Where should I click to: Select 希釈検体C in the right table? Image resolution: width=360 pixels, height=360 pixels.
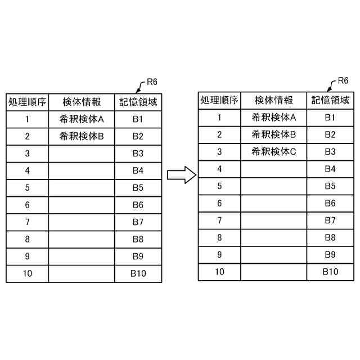(x=273, y=151)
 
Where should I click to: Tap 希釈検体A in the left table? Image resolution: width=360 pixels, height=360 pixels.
(x=82, y=119)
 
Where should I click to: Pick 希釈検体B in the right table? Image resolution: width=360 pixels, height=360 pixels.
(x=273, y=134)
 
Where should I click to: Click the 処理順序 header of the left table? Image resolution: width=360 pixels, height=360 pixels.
(x=27, y=102)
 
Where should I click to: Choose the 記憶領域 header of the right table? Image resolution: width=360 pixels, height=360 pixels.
(x=330, y=101)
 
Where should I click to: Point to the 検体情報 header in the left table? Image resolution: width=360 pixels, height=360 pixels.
(x=82, y=102)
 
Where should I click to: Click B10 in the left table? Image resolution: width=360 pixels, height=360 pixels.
(x=138, y=274)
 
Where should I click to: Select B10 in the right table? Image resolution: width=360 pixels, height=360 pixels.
(x=330, y=272)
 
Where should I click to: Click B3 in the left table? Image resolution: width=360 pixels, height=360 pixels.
(x=138, y=154)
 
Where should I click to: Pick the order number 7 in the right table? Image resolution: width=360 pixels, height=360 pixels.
(x=219, y=220)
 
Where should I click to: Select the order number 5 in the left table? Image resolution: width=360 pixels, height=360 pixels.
(x=27, y=188)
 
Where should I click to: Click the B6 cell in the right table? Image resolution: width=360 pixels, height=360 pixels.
(x=330, y=203)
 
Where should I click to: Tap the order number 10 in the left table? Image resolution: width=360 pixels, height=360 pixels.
(x=27, y=274)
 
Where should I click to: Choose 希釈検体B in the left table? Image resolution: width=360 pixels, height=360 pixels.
(x=82, y=136)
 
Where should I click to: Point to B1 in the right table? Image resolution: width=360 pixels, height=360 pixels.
(x=330, y=118)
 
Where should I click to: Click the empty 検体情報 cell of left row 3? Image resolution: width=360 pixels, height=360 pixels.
(x=82, y=154)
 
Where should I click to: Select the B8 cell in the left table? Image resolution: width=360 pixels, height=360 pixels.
(x=138, y=240)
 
